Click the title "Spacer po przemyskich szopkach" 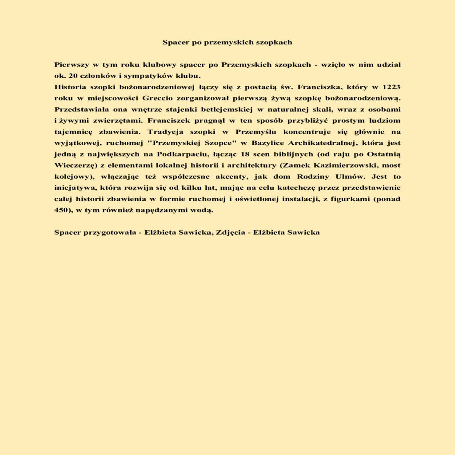click(x=227, y=43)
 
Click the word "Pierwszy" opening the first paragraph click(x=70, y=65)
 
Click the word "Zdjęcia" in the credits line click(x=230, y=232)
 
